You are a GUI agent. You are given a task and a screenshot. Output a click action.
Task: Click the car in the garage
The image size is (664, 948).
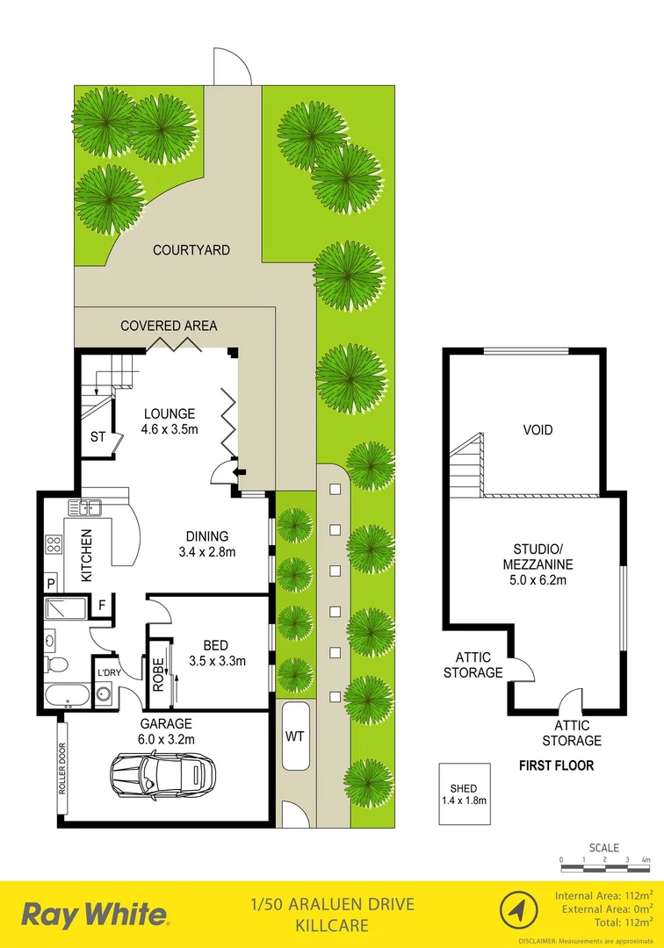click(x=163, y=774)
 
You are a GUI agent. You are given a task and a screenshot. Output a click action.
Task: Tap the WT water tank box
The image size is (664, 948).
click(x=293, y=736)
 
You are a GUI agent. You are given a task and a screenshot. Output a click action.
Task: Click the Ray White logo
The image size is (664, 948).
click(x=94, y=915)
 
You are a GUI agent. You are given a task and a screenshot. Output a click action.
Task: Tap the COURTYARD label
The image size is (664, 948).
click(x=191, y=250)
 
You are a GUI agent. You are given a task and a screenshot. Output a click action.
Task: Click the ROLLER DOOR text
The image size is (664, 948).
click(x=62, y=770)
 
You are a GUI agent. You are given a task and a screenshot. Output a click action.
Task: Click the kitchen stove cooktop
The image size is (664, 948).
click(x=53, y=544)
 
